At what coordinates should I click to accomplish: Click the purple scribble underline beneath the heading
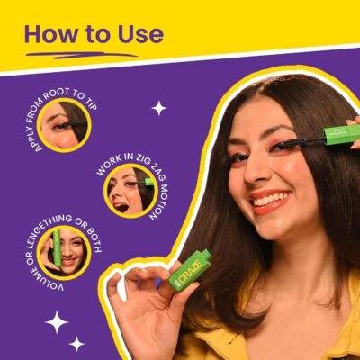(82, 55)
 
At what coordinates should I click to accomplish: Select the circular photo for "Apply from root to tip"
(64, 125)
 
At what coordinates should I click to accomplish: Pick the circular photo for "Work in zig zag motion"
(130, 191)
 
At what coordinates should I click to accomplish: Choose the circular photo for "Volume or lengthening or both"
(64, 252)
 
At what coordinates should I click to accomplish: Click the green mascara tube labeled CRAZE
(191, 270)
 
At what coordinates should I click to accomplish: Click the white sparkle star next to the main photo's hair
(159, 108)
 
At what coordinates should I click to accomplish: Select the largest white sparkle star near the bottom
(57, 322)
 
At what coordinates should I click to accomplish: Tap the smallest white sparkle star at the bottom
(76, 344)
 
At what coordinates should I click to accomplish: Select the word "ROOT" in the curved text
(57, 94)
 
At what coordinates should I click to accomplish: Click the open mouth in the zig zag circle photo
(121, 207)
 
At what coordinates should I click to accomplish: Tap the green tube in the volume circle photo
(57, 248)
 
